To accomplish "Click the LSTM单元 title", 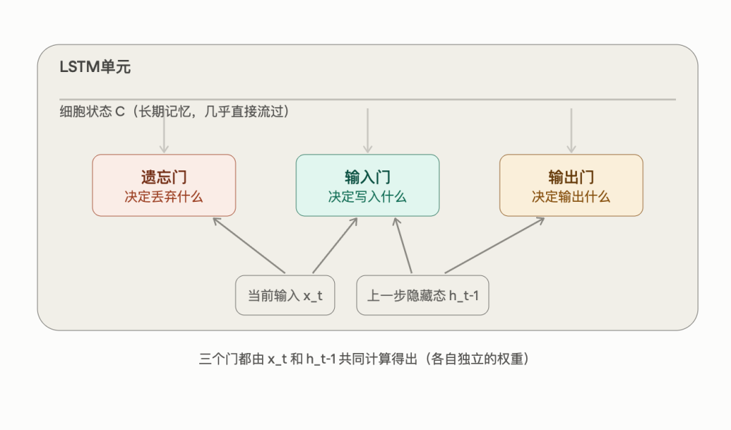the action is (x=95, y=67).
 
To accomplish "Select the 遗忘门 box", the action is (x=164, y=185).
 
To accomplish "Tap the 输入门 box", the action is (x=368, y=185).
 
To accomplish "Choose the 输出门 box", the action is (x=571, y=185).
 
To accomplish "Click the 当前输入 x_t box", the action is (x=285, y=295).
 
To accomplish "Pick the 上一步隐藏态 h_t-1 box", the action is (x=423, y=295).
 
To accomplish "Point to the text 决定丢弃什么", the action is (x=163, y=197).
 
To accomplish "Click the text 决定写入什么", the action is (x=368, y=197).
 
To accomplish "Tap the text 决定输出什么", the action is (x=571, y=197).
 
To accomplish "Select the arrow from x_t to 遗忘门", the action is (x=249, y=245).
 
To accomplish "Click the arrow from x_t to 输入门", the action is (x=336, y=245).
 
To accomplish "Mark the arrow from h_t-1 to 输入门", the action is (x=403, y=245).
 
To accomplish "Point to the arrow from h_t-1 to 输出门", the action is (x=495, y=245).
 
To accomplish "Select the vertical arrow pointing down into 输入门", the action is (x=368, y=131).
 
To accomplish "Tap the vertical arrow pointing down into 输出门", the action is (x=571, y=131).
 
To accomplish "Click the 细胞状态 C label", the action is (x=92, y=112).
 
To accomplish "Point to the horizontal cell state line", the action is (x=368, y=99).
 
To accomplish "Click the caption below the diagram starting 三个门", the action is (x=364, y=359).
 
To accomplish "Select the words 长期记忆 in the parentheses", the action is (x=165, y=112).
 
